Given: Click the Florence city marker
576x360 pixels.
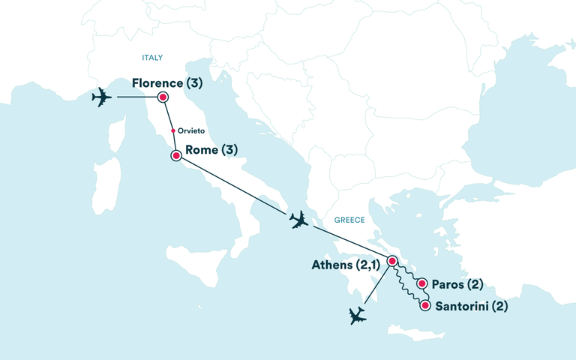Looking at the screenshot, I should point(162,97).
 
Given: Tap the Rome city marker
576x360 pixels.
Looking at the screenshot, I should point(176,156).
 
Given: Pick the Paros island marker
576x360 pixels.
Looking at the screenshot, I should point(422,284).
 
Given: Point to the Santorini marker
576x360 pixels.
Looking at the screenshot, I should point(426,305).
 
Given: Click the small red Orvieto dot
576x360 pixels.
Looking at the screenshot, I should point(173,130).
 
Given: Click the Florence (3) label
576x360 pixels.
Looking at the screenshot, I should point(167,82).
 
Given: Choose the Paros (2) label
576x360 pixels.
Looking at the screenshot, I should point(457,284).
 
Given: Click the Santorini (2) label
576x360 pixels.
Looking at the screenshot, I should point(471,306).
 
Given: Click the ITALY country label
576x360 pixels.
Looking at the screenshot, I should point(152,58).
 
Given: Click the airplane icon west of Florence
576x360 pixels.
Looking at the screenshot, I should point(100,97).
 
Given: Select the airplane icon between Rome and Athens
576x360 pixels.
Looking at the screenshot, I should point(298,220).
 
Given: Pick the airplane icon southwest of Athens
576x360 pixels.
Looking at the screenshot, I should point(358,316).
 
